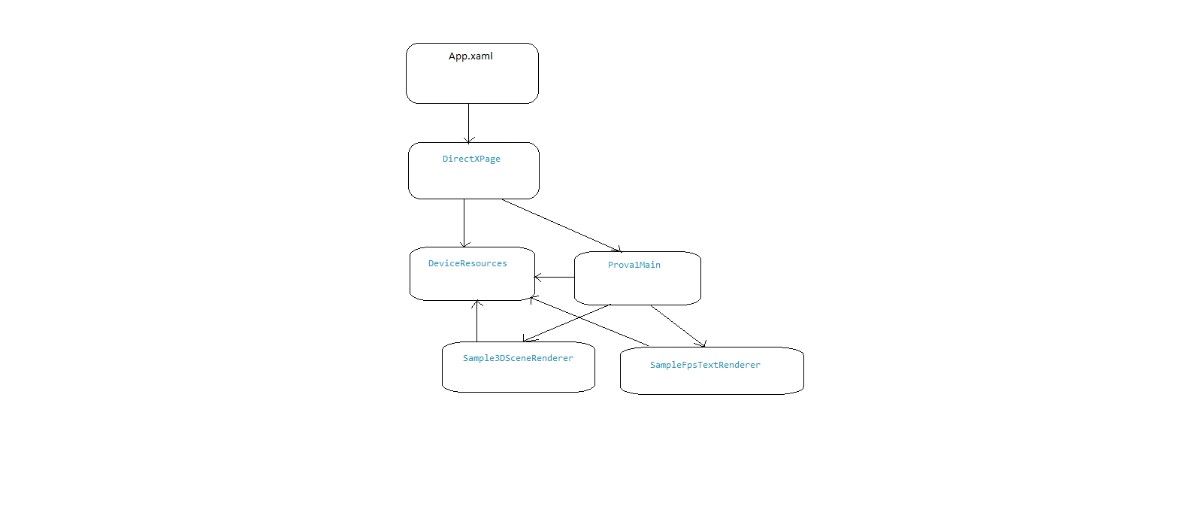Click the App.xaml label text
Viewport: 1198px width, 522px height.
point(470,56)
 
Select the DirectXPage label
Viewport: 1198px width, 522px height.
point(471,159)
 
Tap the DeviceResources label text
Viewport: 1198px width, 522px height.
point(467,263)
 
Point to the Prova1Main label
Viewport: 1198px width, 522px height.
point(634,265)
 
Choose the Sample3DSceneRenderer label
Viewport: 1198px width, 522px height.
point(518,358)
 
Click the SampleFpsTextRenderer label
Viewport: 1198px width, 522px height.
point(705,365)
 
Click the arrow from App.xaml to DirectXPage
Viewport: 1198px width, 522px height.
point(468,123)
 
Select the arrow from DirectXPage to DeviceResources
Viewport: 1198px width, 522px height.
point(464,223)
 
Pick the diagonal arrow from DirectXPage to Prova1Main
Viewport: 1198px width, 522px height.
point(561,226)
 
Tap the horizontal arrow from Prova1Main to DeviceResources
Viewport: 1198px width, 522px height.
point(555,278)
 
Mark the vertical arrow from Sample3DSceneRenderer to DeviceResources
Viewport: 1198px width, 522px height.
point(477,320)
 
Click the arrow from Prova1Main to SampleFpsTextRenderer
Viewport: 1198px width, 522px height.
point(678,326)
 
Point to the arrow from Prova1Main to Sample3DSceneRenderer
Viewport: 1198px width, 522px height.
point(567,323)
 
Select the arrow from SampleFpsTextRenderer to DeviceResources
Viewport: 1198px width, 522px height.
point(589,321)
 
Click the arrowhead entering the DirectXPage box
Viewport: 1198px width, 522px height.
point(468,140)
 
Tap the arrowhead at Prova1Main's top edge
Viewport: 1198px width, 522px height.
point(617,249)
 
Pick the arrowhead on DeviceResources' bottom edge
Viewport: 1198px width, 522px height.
point(477,304)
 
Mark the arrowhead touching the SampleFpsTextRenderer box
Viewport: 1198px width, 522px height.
point(702,344)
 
